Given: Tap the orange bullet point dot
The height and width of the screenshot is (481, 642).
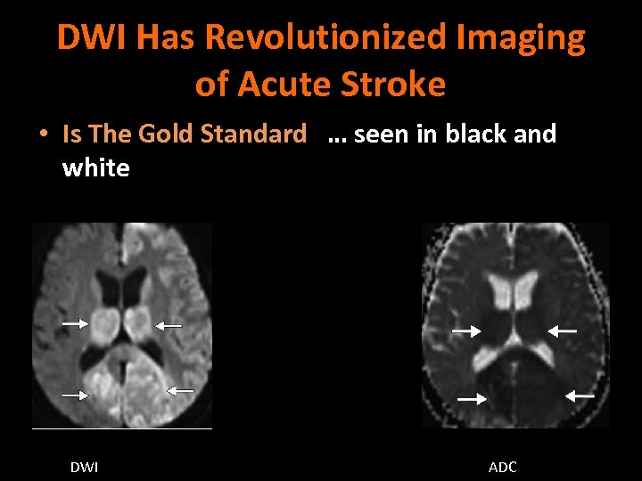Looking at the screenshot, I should pyautogui.click(x=42, y=135).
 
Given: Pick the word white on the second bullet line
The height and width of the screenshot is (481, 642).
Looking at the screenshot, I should pyautogui.click(x=95, y=167).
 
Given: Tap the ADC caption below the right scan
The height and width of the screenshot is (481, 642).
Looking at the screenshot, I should pyautogui.click(x=503, y=467).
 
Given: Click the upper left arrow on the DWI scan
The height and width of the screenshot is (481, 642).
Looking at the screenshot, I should pyautogui.click(x=75, y=323).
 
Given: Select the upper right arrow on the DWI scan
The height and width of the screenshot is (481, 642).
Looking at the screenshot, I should pyautogui.click(x=169, y=326).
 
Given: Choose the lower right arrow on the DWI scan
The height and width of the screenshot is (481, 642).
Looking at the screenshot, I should pyautogui.click(x=181, y=389).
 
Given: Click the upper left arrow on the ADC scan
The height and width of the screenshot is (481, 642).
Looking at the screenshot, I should pyautogui.click(x=465, y=331).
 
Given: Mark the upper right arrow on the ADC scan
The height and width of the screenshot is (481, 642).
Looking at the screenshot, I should pyautogui.click(x=562, y=330).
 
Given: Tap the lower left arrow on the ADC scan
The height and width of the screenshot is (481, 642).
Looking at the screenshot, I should pyautogui.click(x=472, y=399).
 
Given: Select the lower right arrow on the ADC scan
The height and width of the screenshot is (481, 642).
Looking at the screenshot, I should pyautogui.click(x=580, y=395).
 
